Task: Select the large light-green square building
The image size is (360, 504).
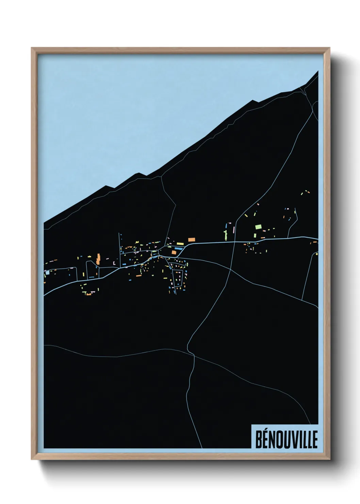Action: [258, 226]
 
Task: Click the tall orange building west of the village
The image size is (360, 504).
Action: [99, 258]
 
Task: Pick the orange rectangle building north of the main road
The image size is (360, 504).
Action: [191, 239]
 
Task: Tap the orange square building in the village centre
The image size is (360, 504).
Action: [174, 252]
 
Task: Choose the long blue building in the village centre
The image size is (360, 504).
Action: [179, 249]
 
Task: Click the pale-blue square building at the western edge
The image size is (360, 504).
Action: [47, 272]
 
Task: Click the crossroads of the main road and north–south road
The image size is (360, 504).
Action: [234, 242]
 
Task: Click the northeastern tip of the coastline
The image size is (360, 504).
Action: [318, 71]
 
